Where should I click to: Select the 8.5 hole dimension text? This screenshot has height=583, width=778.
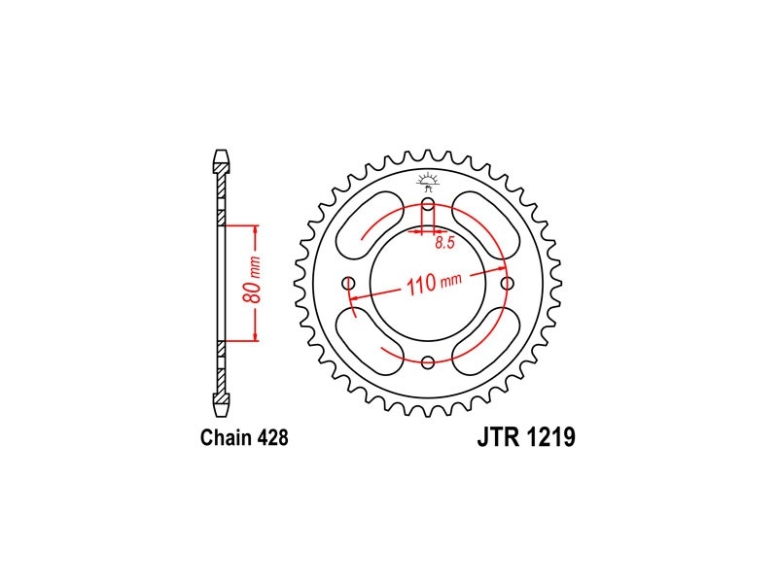444,244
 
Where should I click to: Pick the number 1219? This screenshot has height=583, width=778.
551,438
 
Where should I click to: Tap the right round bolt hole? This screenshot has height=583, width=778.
506,283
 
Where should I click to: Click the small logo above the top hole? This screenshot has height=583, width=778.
428,180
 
